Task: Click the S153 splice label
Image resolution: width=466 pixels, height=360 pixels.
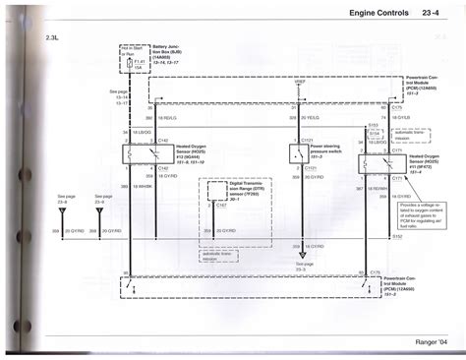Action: point(372,124)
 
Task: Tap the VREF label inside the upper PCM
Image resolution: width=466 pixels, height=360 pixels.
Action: point(297,97)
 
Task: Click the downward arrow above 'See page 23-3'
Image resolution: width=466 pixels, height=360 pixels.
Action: point(298,254)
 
